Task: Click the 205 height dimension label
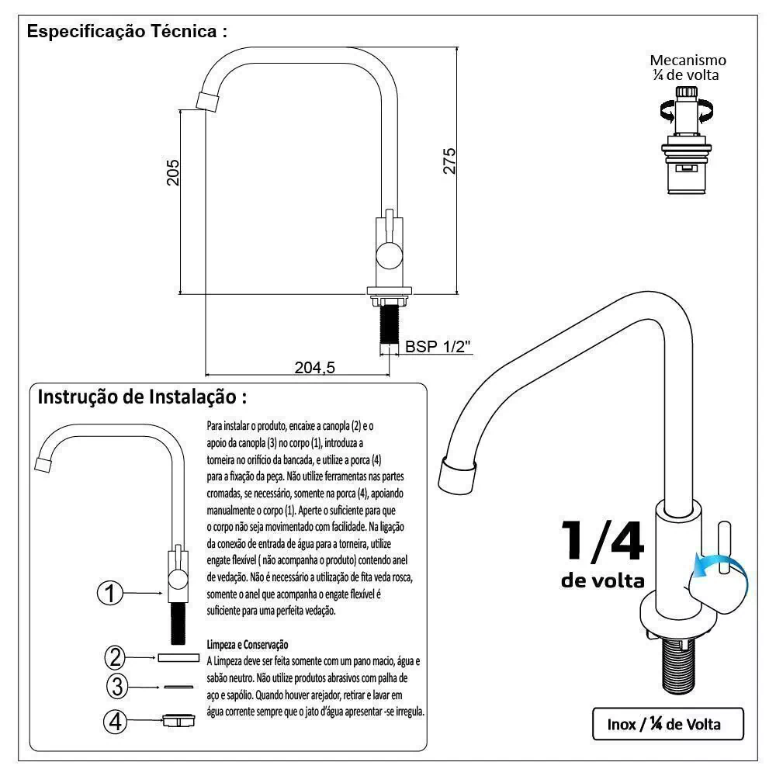coord(173,172)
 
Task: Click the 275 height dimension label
coord(449,161)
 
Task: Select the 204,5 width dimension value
coord(314,368)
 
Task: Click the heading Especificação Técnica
coord(127,32)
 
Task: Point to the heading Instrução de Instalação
coord(143,397)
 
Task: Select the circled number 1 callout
coord(110,594)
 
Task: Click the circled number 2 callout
coord(116,657)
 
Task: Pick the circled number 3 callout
coord(116,686)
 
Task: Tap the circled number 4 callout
coord(116,722)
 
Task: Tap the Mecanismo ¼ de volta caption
coord(688,68)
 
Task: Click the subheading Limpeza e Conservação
coord(248,644)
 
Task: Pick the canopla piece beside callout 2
coord(178,657)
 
